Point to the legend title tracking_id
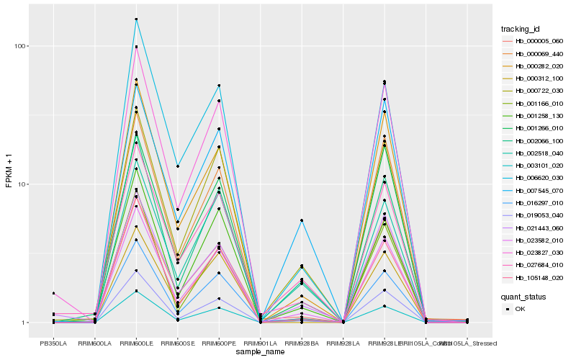(521, 29)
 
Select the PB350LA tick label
(53, 343)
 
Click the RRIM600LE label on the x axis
(136, 343)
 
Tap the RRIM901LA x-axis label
(260, 343)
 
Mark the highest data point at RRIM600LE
(136, 19)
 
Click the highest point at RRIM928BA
(302, 220)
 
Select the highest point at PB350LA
(53, 293)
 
